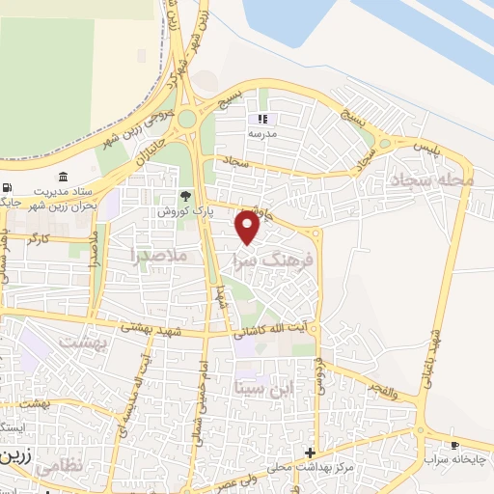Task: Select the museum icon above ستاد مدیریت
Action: tap(64, 176)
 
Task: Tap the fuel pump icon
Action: tap(8, 187)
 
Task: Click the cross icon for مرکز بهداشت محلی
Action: tap(310, 453)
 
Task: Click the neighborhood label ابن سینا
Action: tap(261, 388)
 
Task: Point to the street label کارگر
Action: tap(38, 237)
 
